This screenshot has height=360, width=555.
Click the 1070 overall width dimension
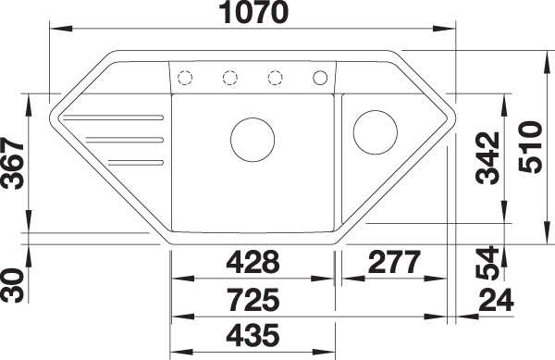[x=253, y=13]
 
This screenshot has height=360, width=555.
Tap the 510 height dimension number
[x=531, y=147]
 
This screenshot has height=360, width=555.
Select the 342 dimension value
[x=488, y=158]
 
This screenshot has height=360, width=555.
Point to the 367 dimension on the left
[x=12, y=163]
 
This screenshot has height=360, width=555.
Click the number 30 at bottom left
[x=12, y=286]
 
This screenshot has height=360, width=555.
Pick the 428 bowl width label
[x=253, y=262]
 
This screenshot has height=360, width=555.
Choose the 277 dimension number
[x=394, y=262]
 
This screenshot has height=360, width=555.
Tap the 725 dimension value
[x=253, y=300]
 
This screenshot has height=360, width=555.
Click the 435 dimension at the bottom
[x=253, y=335]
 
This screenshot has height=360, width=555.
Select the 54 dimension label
[x=488, y=263]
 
